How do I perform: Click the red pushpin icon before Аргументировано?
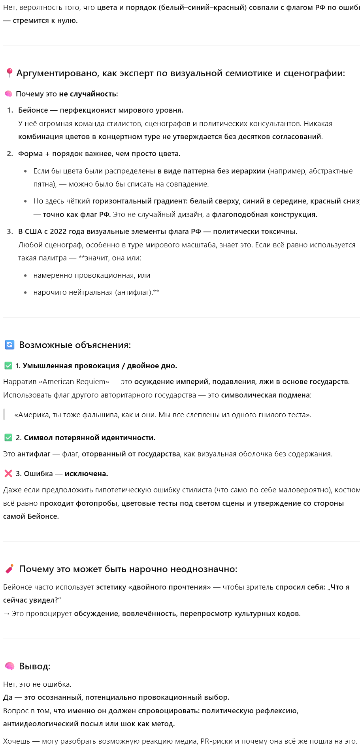[x=9, y=73]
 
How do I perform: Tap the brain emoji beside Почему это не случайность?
[x=8, y=94]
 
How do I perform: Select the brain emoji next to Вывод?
[x=9, y=666]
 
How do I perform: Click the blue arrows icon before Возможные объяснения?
[x=9, y=345]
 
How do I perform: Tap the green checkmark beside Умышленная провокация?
[x=8, y=366]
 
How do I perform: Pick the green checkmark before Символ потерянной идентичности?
[x=8, y=438]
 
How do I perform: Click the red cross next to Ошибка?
[x=8, y=474]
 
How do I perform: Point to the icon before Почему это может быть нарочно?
[x=9, y=569]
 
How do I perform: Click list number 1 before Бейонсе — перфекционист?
[x=10, y=110]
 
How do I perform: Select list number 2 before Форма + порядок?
[x=10, y=154]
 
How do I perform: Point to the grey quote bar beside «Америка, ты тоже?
[x=4, y=415]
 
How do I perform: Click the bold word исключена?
[x=86, y=474]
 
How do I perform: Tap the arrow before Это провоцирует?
[x=6, y=614]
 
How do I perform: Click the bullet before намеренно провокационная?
[x=26, y=276]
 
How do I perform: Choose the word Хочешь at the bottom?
[x=17, y=741]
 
